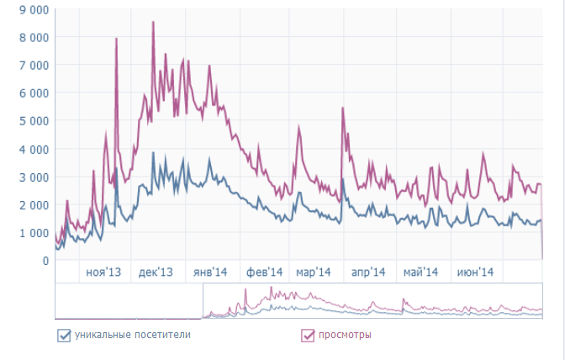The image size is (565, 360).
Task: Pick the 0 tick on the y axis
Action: coord(45,260)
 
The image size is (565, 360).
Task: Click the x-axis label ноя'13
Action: coord(103,273)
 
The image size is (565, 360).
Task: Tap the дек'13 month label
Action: coord(156,273)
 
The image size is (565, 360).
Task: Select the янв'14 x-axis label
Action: coord(210,273)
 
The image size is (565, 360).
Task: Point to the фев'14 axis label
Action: coord(264,273)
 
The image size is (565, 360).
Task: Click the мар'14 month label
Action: coord(313,273)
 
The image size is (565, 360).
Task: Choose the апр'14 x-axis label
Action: coord(367,273)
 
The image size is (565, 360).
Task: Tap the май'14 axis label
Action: coord(420,273)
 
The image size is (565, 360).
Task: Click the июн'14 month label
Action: coord(473,273)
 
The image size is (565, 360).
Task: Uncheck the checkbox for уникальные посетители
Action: coord(63,336)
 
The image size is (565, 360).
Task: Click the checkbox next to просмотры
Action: coord(308,336)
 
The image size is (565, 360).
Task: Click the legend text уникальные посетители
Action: coord(132,336)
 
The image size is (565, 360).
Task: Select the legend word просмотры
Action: coord(345,336)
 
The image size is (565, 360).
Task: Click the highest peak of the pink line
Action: coord(153,23)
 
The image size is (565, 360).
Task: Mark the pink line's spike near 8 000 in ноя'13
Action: coord(116,40)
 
